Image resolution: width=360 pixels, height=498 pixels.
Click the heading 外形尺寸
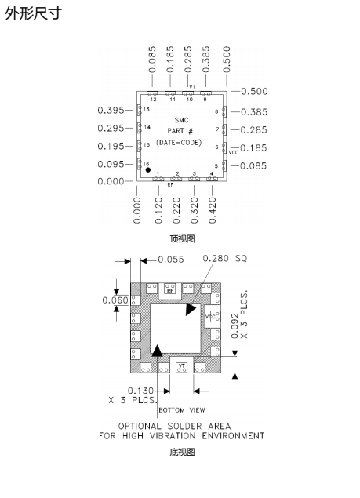[34, 13]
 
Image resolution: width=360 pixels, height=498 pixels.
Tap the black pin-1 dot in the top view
[148, 170]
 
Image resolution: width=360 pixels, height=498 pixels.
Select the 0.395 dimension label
[111, 111]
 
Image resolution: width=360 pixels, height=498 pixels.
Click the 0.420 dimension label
[213, 210]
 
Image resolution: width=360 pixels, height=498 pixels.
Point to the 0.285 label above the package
[188, 60]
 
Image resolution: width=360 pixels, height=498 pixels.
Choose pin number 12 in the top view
[153, 100]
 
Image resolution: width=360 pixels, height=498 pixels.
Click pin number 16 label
[146, 164]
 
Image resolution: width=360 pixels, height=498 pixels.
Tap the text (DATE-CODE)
[179, 142]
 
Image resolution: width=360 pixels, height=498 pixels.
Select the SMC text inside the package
[181, 120]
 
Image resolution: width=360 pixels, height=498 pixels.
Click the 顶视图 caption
[182, 238]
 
